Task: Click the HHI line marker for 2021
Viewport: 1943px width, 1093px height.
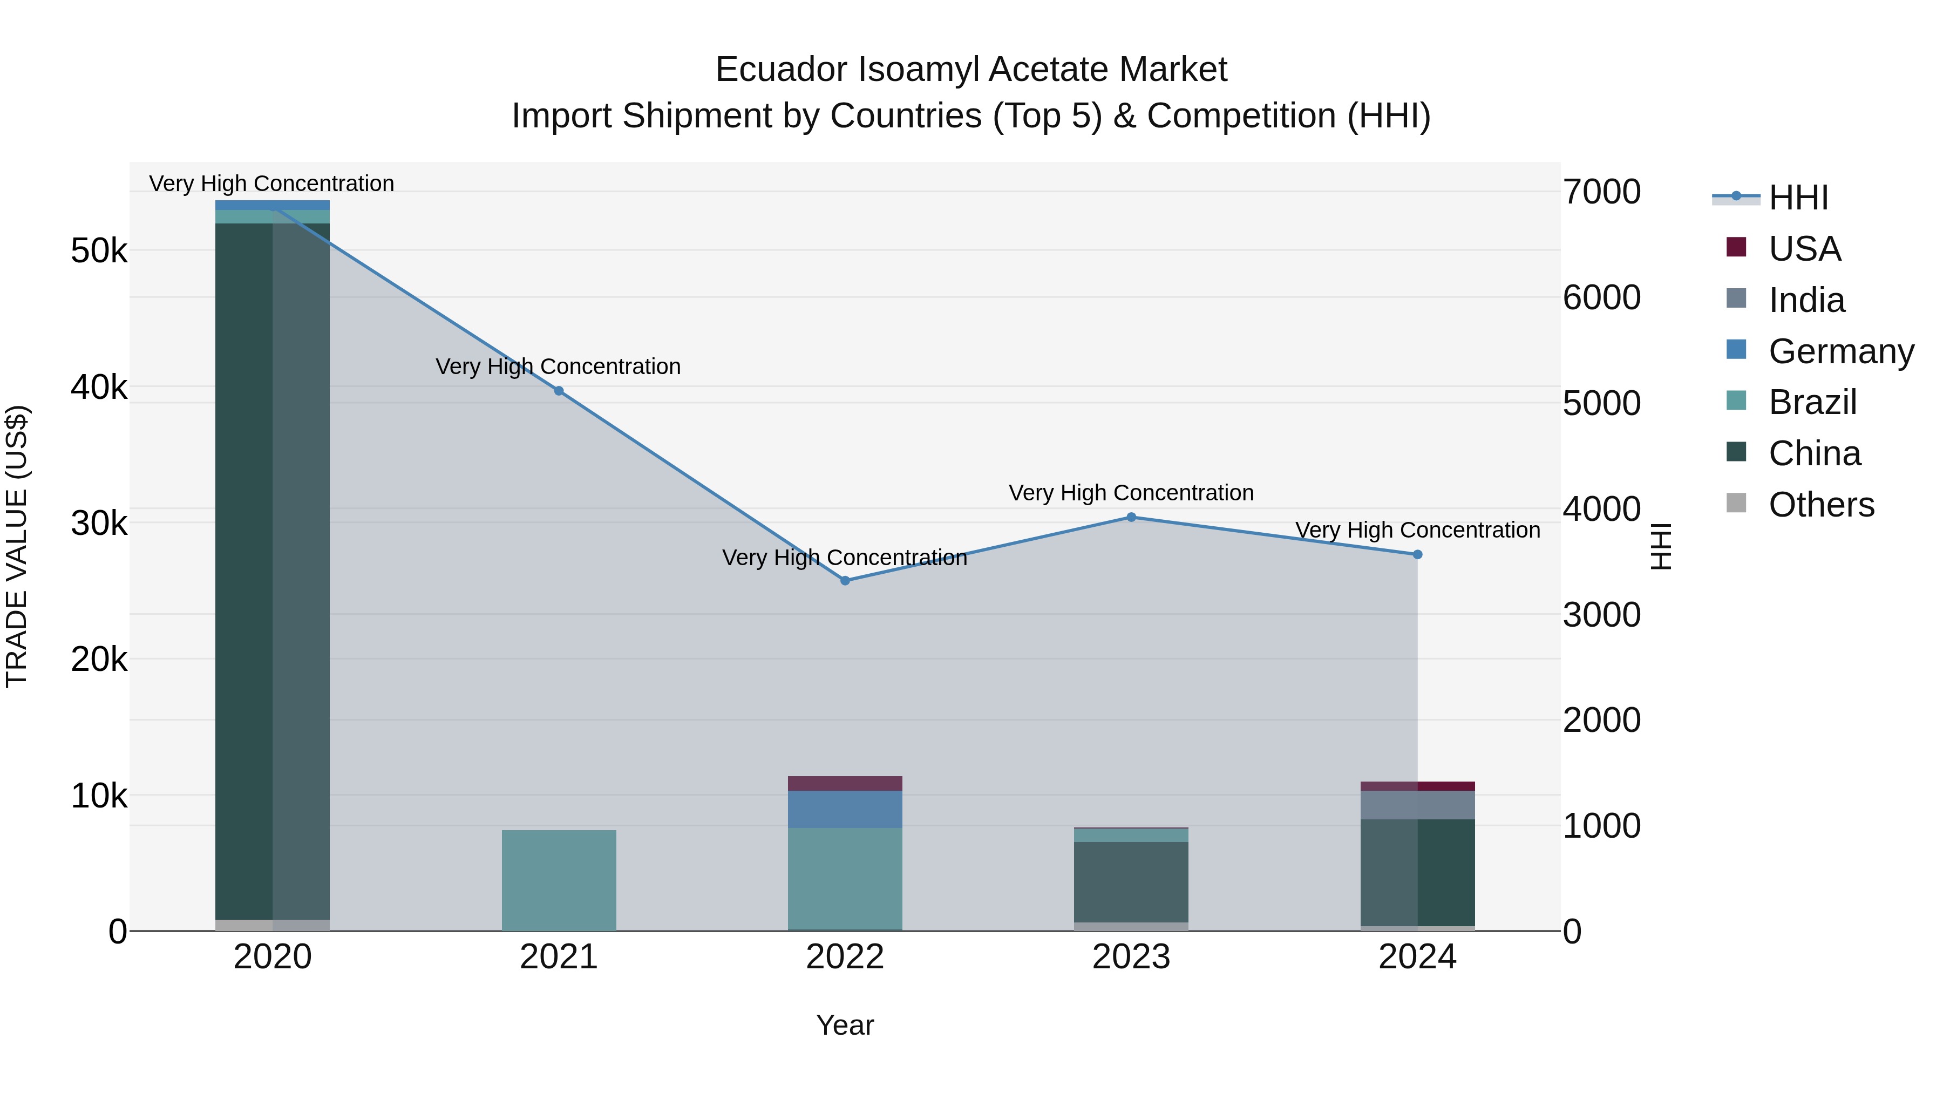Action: click(559, 391)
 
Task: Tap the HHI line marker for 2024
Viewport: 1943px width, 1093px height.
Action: click(1417, 554)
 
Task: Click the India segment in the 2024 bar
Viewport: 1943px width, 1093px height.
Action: click(1417, 805)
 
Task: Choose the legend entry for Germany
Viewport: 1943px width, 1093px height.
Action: click(1840, 351)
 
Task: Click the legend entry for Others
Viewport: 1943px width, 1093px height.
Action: click(1821, 505)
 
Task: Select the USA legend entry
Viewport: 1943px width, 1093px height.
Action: click(1804, 249)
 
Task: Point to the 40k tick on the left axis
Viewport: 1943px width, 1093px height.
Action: click(99, 387)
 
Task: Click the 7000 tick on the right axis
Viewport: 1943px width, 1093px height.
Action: click(1601, 192)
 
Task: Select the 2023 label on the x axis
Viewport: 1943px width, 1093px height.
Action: click(1131, 957)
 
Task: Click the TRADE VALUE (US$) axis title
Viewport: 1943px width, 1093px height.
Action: click(17, 546)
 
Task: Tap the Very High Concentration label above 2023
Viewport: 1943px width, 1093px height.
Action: click(1131, 493)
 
